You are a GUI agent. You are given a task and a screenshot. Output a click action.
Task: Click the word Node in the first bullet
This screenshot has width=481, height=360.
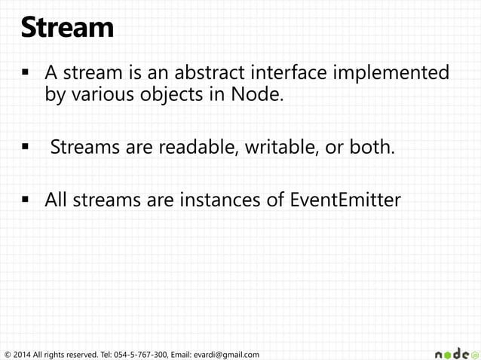(259, 97)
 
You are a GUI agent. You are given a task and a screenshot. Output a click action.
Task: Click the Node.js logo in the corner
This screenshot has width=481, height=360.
(456, 352)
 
